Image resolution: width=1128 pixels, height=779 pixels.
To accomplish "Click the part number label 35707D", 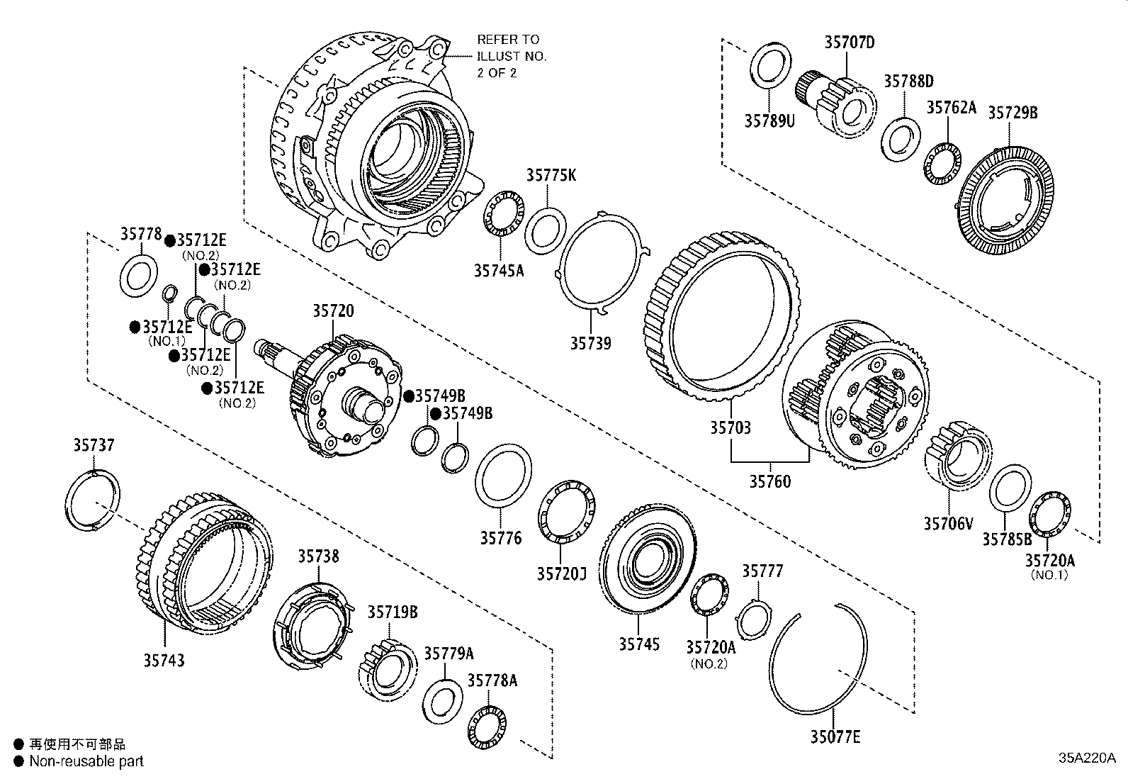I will tap(849, 43).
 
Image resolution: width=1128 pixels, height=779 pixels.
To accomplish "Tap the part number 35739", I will tap(590, 343).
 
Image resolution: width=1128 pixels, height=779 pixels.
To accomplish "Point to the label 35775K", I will tap(551, 175).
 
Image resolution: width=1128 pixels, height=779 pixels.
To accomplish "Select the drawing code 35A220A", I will tap(1086, 756).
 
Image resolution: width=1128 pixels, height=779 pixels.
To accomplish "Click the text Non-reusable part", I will tap(86, 761).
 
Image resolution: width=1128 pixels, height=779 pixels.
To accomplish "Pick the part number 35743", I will tap(164, 660).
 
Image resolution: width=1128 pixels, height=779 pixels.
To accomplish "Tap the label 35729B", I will tap(1013, 112).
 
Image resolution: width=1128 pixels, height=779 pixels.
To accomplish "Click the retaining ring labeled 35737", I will tap(92, 500).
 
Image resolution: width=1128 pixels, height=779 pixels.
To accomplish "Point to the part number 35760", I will tap(770, 481).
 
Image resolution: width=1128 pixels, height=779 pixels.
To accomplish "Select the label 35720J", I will tap(561, 572).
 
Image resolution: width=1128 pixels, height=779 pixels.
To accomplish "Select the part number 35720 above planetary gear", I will tap(333, 310).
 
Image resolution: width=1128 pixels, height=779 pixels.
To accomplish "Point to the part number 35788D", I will tap(908, 81).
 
